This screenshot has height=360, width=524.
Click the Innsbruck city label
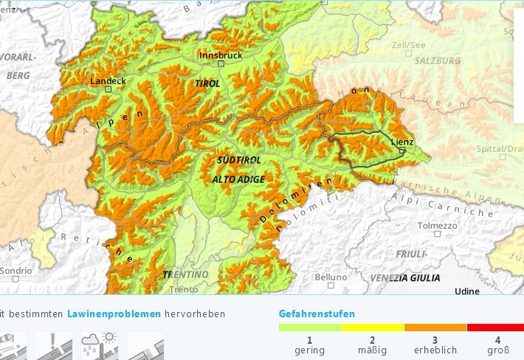pos(221,55)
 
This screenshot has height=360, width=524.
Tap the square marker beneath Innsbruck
pos(220,63)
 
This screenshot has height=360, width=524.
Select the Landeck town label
pos(107,80)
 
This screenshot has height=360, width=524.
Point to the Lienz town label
pos(402,142)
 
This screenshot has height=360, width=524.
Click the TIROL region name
pos(207,84)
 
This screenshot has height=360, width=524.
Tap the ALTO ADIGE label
pos(238,179)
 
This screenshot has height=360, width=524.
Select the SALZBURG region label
pos(437,61)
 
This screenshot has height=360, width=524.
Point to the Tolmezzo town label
pos(437,226)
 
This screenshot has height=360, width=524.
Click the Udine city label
pos(466,291)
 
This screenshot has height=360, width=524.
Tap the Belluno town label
pos(331,277)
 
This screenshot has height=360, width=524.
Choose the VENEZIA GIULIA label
pos(406,277)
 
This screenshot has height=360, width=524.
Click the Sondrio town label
pos(16,271)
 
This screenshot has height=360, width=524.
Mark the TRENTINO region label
pos(185,274)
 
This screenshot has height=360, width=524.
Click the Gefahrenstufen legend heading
pos(317,314)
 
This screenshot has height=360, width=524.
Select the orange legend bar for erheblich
pos(435,327)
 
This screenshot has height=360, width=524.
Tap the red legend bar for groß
pos(495,327)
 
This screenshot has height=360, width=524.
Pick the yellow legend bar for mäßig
pos(373,327)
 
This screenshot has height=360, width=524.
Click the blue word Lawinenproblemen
pos(114,314)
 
